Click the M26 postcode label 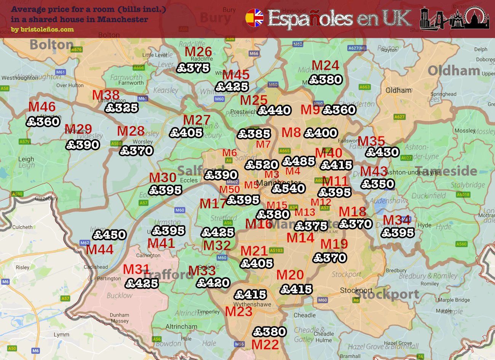[x=198, y=52]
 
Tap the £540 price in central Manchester [x=289, y=188]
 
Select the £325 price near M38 [x=121, y=108]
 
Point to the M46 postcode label [x=42, y=107]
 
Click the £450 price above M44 [x=109, y=235]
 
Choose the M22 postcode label [x=265, y=345]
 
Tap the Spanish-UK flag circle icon [x=254, y=18]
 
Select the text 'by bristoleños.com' [x=42, y=29]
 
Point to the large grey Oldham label [x=454, y=71]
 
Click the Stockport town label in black [x=356, y=290]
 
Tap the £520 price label [x=262, y=165]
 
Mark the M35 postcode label [x=371, y=141]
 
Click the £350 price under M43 [x=378, y=184]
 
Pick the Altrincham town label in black [x=181, y=326]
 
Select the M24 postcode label [x=325, y=66]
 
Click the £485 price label [x=299, y=161]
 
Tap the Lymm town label [x=61, y=334]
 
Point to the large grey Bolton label [x=52, y=45]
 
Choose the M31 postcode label [x=136, y=269]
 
